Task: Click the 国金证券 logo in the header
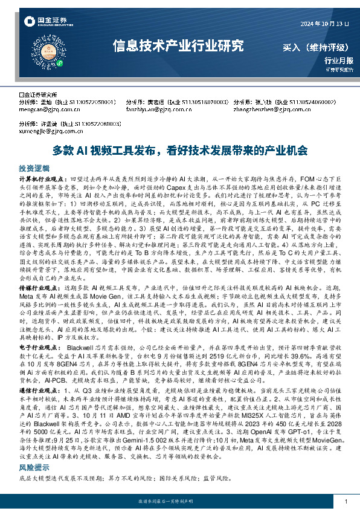38,22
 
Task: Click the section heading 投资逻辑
34,168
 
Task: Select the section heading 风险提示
34,468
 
